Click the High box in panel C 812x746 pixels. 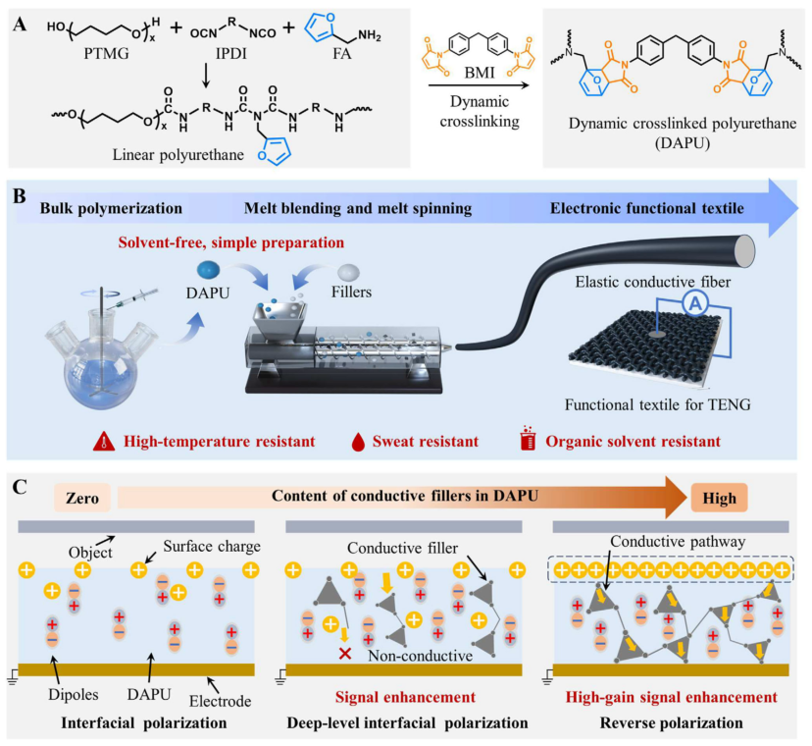click(719, 497)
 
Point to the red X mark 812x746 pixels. click(345, 654)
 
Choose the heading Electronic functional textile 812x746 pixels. click(641, 209)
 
